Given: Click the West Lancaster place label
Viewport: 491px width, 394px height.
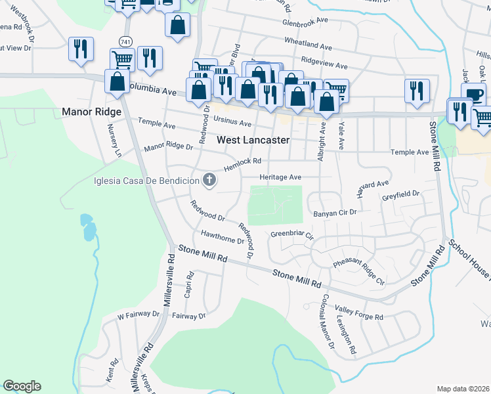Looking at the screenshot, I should [252, 140].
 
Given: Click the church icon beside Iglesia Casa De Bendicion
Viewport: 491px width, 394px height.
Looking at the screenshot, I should [209, 180].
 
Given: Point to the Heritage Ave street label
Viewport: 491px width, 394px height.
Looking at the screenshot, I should [280, 177].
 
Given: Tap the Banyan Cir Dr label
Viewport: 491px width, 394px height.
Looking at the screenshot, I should [335, 213].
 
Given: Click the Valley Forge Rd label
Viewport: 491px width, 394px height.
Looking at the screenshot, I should [359, 313].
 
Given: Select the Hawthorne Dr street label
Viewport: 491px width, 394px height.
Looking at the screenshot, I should [223, 237].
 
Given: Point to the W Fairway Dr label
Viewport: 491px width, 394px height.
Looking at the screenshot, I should [139, 316].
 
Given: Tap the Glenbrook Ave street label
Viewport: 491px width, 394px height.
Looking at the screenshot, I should [305, 21].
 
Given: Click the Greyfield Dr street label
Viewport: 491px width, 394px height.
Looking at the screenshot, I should [400, 196].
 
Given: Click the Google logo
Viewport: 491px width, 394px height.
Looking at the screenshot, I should [22, 386].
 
